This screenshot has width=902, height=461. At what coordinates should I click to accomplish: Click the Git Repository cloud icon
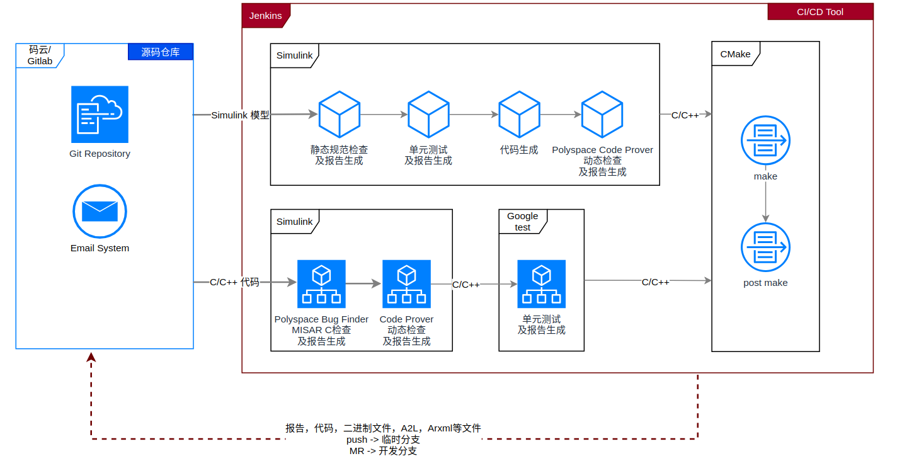click(x=100, y=114)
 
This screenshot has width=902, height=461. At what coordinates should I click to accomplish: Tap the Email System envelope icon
click(x=100, y=211)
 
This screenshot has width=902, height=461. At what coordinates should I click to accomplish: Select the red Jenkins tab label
click(x=265, y=16)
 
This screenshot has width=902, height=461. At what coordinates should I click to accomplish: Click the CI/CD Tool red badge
click(x=819, y=12)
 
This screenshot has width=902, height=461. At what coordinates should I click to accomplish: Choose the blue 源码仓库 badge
click(x=160, y=52)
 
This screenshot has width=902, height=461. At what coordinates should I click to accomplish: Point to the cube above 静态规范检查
click(x=339, y=114)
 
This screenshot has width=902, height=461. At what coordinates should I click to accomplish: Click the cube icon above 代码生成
click(x=519, y=114)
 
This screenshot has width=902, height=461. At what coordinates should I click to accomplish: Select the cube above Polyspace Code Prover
click(x=602, y=114)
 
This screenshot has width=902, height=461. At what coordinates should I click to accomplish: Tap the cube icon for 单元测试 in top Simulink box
click(x=428, y=114)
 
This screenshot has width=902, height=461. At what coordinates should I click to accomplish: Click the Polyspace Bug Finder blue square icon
click(x=321, y=283)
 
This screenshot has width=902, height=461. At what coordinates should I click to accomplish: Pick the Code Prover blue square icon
click(x=406, y=283)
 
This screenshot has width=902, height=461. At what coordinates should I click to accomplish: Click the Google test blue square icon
click(x=541, y=283)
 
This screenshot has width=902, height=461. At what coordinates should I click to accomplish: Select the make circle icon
click(x=765, y=140)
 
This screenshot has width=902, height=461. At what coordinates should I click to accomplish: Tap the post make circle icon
click(x=765, y=247)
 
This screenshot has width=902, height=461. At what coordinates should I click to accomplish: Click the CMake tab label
click(x=735, y=54)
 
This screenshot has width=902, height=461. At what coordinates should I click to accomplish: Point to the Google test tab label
click(x=522, y=222)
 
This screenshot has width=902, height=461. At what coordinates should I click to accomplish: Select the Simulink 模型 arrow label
click(x=240, y=115)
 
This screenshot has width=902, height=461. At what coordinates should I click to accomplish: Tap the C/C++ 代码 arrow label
click(x=234, y=282)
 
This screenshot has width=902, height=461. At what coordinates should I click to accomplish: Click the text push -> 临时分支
click(x=383, y=440)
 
